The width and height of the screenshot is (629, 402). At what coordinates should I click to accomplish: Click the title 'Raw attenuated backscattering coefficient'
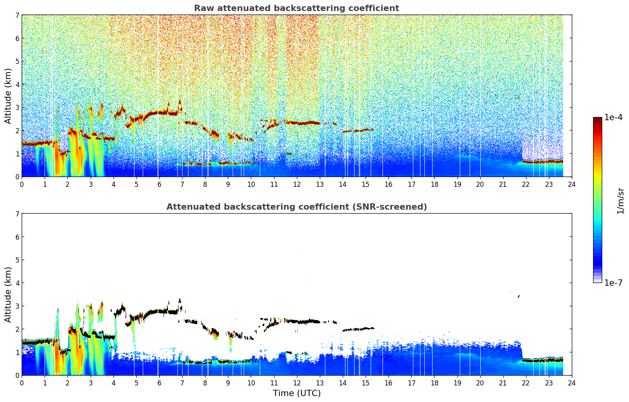[x=297, y=8]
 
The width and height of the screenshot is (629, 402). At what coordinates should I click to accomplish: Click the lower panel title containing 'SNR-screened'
[x=297, y=207]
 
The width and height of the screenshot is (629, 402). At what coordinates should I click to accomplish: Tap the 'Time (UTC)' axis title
[x=297, y=393]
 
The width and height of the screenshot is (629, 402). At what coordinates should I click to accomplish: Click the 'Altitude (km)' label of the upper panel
[x=8, y=96]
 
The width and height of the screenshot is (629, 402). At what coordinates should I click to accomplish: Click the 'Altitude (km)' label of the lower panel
[x=8, y=294]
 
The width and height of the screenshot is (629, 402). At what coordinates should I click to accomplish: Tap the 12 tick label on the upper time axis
[x=297, y=184]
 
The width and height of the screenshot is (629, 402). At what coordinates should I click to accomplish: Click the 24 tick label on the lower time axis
[x=572, y=383]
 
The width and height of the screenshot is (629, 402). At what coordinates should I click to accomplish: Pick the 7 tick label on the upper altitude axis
[x=17, y=15]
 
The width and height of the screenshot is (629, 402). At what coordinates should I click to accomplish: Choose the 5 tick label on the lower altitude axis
[x=17, y=260]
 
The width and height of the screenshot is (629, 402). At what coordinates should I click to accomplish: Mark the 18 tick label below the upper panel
[x=435, y=184]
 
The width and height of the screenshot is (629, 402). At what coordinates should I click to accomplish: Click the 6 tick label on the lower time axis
[x=159, y=383]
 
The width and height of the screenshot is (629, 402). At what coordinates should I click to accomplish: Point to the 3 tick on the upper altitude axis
[x=17, y=108]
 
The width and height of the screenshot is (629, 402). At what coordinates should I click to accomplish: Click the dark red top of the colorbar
[x=597, y=119]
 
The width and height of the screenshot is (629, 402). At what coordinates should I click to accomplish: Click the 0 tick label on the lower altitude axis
[x=17, y=375]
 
